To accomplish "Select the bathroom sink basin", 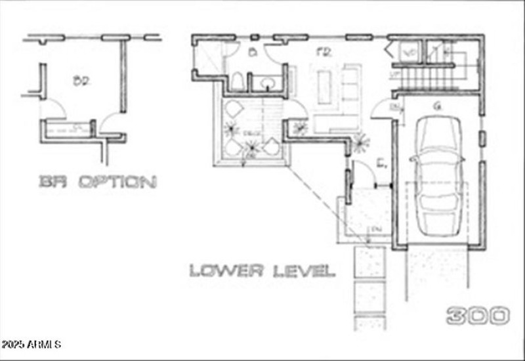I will [268, 83].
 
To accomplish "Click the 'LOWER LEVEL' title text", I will [262, 270].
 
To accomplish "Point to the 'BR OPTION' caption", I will [97, 182].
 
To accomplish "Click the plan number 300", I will [478, 316].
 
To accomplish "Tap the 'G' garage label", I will [436, 106].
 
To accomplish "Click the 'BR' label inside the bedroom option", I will [81, 81].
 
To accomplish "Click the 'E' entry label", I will [381, 160].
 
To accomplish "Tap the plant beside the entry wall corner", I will [360, 138].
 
